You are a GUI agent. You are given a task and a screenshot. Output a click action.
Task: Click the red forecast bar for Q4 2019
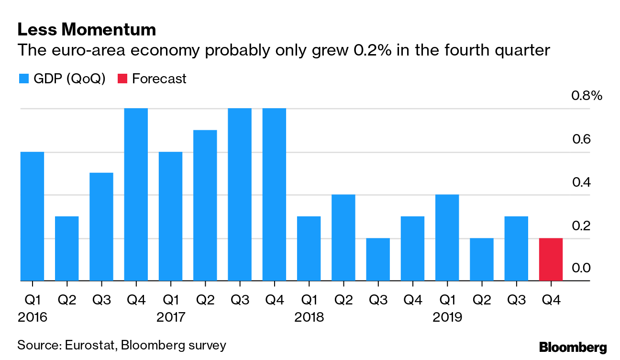click(x=551, y=259)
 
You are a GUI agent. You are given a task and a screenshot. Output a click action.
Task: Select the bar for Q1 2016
click(x=33, y=216)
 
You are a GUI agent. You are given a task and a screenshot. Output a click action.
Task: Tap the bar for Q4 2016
click(x=136, y=195)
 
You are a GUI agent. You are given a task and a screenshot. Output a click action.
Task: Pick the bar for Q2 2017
click(x=205, y=205)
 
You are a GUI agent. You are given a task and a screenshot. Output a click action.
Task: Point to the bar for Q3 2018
click(x=378, y=259)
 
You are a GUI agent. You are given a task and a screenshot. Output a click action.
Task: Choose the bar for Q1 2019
click(x=447, y=238)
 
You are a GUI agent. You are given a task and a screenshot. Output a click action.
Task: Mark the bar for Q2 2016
click(x=67, y=248)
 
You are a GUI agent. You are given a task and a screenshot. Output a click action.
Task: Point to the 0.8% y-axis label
click(x=587, y=96)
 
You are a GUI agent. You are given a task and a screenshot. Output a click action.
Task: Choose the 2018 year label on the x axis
click(x=309, y=317)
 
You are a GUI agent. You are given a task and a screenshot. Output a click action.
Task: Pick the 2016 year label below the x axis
click(x=33, y=317)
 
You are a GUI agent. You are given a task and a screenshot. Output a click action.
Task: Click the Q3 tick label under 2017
click(x=240, y=300)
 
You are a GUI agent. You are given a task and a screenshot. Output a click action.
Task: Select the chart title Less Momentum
click(x=87, y=30)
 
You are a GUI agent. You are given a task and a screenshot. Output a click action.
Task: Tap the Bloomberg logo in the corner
click(x=573, y=347)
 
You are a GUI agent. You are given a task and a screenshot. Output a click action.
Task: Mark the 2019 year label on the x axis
click(x=447, y=317)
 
